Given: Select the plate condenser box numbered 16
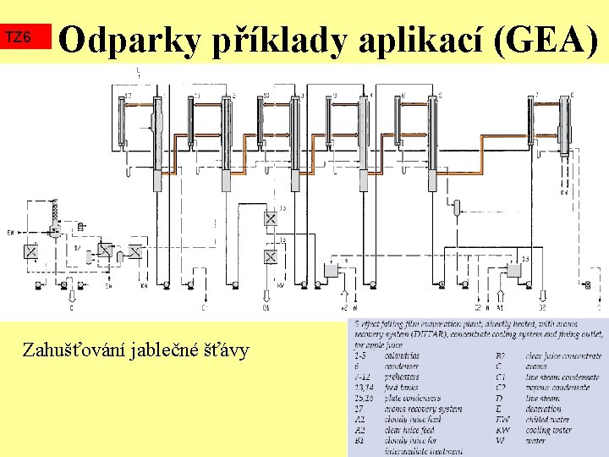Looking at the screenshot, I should coord(271,256).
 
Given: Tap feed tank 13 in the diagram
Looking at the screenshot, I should coord(513,269).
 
